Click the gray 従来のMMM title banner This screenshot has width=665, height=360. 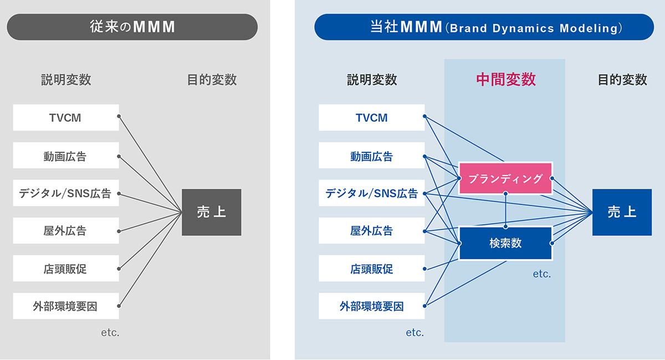132,27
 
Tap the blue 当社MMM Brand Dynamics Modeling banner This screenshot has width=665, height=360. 484,27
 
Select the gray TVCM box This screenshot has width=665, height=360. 66,117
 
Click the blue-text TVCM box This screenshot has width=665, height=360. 372,117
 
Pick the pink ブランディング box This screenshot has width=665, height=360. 505,178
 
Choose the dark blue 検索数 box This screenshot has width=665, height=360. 505,243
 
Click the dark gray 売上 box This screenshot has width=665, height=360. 211,212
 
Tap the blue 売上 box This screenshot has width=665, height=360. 622,212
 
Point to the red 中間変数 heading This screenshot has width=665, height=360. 506,80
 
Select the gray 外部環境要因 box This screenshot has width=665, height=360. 66,306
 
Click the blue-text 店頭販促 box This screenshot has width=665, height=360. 372,268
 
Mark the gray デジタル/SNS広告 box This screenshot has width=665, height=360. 66,193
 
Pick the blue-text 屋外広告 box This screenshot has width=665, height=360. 372,230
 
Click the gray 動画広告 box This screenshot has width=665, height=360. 66,155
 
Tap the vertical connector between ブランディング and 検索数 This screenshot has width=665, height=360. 505,210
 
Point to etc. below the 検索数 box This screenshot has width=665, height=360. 542,274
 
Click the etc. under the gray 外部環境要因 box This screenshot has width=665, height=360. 110,333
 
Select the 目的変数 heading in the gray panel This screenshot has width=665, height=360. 212,80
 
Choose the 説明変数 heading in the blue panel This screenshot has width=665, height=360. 372,80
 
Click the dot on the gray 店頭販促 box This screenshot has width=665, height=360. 119,269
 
